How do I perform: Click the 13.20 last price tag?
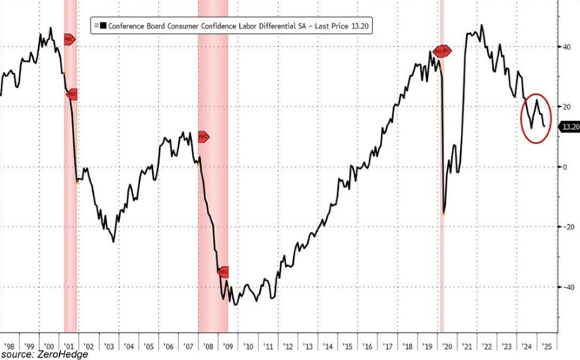pyautogui.click(x=570, y=127)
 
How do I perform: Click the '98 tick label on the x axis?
pyautogui.click(x=10, y=347)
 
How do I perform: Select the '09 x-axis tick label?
pyautogui.click(x=226, y=347)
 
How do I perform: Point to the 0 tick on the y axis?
pyautogui.click(x=565, y=166)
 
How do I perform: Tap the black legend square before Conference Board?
pyautogui.click(x=102, y=26)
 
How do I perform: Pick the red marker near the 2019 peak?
pyautogui.click(x=442, y=51)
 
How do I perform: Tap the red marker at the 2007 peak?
pyautogui.click(x=202, y=136)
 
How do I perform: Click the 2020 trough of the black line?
pyautogui.click(x=444, y=213)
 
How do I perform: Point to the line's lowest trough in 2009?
pyautogui.click(x=235, y=304)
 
